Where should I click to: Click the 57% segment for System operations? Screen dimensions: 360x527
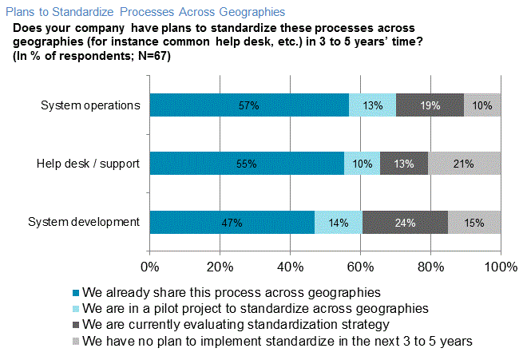click(249, 105)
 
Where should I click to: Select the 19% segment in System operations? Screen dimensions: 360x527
click(430, 105)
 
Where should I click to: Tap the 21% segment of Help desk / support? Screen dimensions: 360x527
click(465, 164)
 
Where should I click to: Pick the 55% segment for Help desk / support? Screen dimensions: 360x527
click(247, 164)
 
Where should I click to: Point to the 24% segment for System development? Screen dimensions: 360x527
click(405, 223)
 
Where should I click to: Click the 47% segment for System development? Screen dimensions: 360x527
click(232, 223)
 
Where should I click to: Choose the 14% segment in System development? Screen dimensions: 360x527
click(339, 223)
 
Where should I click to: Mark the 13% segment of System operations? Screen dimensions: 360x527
click(372, 105)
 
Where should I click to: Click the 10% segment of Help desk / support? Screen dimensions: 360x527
click(362, 164)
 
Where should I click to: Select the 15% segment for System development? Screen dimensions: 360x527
click(474, 223)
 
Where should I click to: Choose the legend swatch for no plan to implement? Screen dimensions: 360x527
click(76, 341)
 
